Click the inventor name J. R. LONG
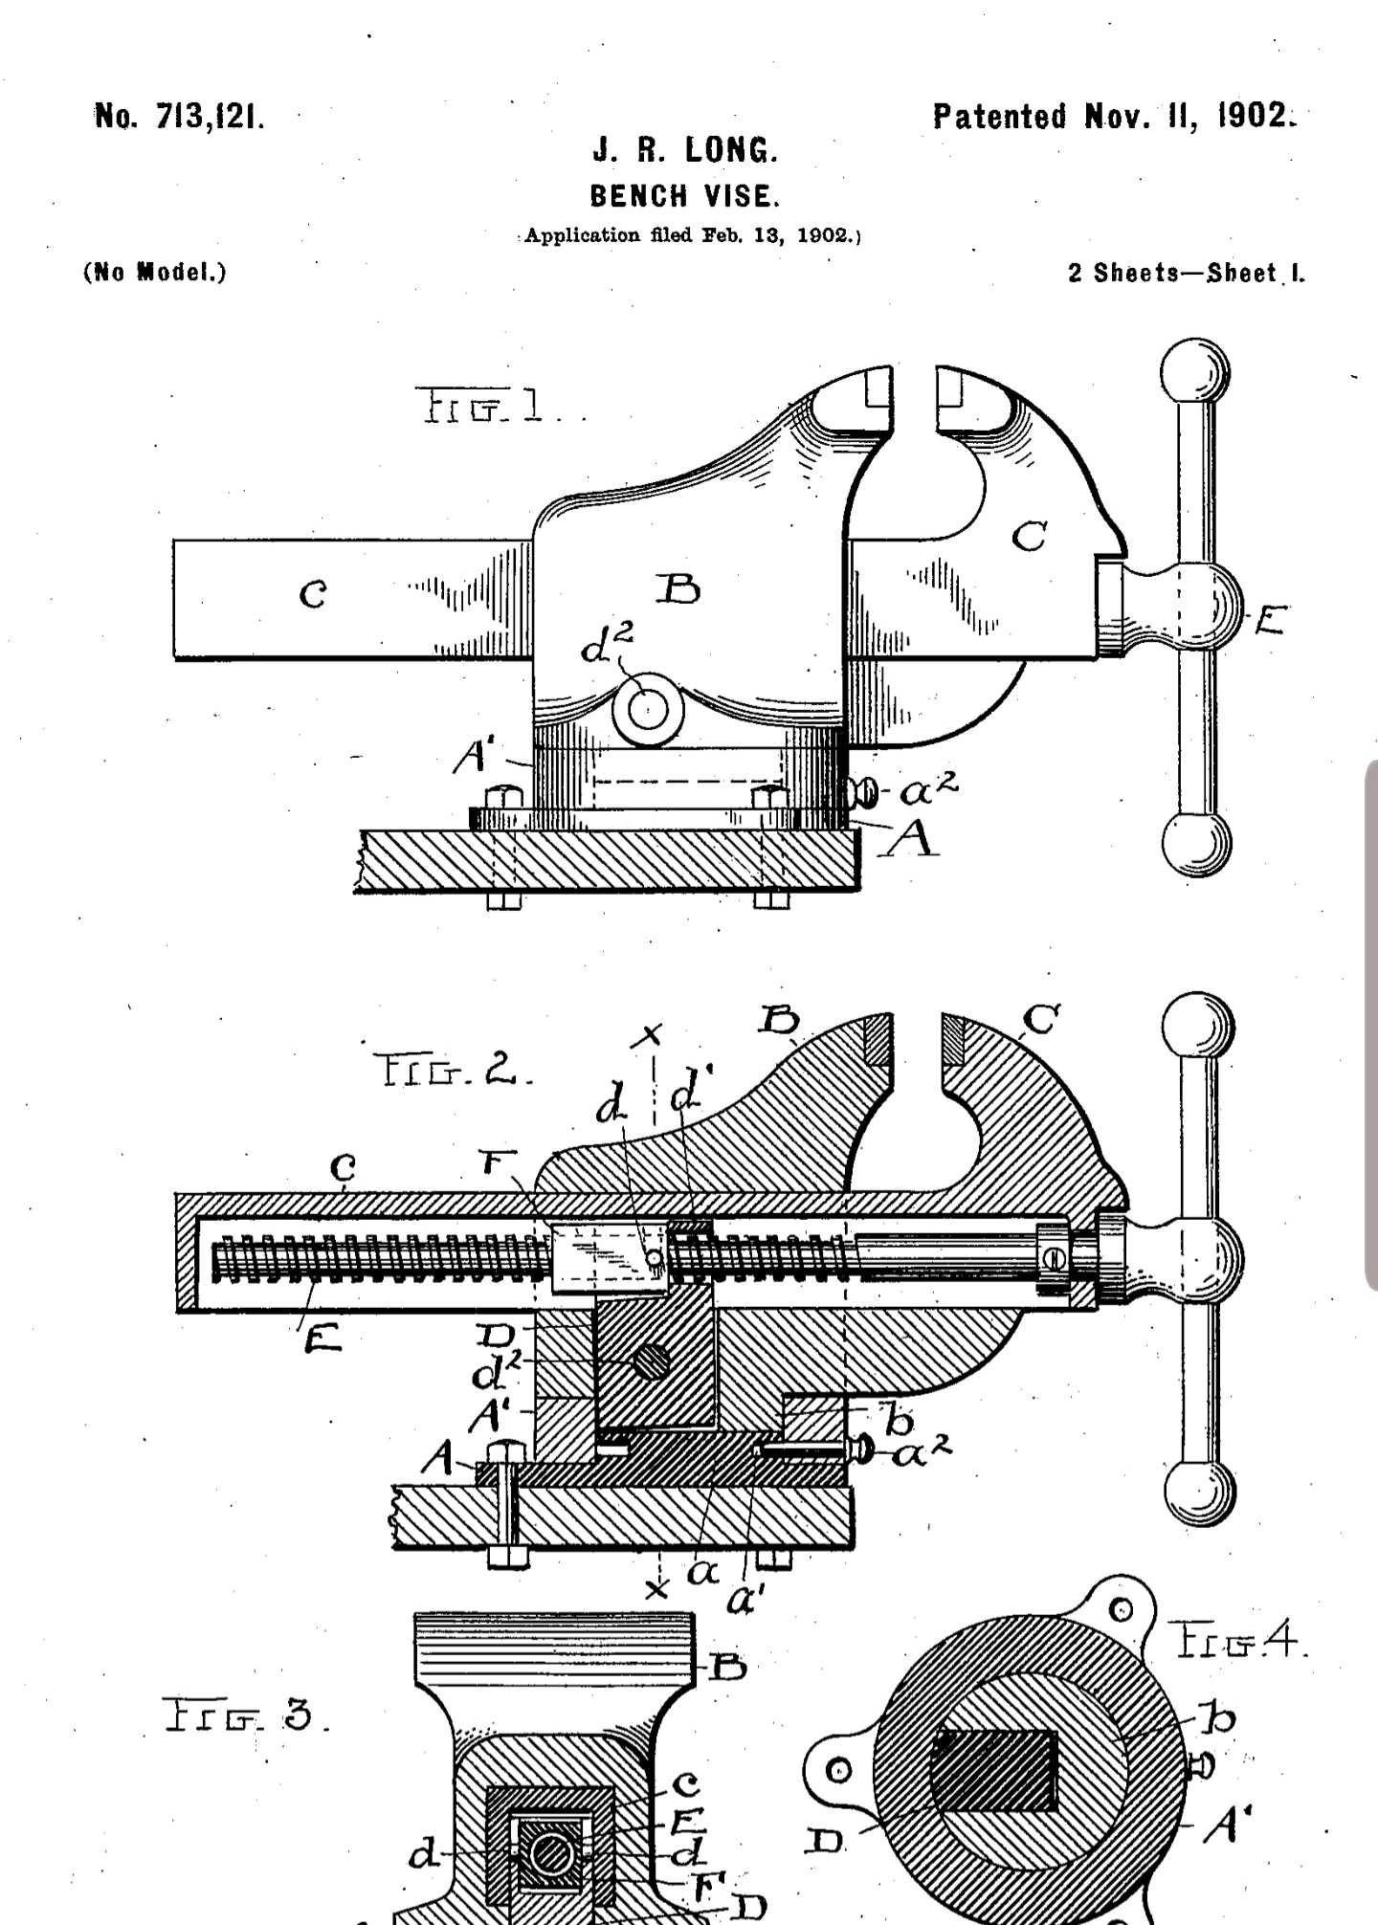pyautogui.click(x=685, y=150)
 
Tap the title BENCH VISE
pyautogui.click(x=685, y=196)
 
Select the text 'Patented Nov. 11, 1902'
pyautogui.click(x=1115, y=116)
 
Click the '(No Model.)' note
pyautogui.click(x=155, y=272)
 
